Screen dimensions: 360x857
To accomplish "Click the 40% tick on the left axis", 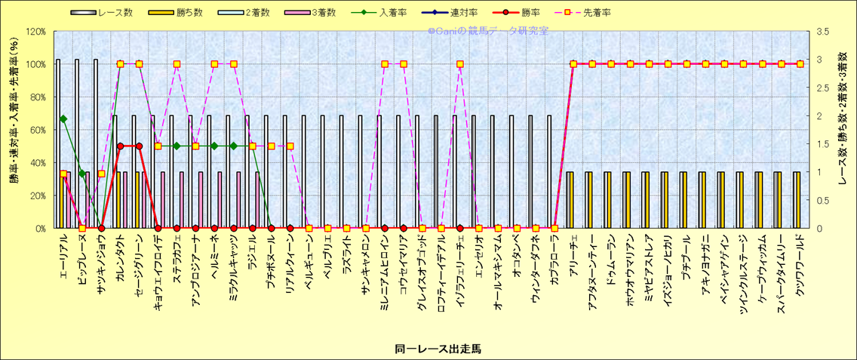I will (38, 162).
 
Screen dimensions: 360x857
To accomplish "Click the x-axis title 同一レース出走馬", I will (428, 349).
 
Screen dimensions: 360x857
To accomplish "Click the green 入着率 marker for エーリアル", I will (63, 118).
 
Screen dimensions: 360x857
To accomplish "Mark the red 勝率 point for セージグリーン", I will (139, 146).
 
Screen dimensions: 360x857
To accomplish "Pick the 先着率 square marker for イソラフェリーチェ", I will (460, 64).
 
